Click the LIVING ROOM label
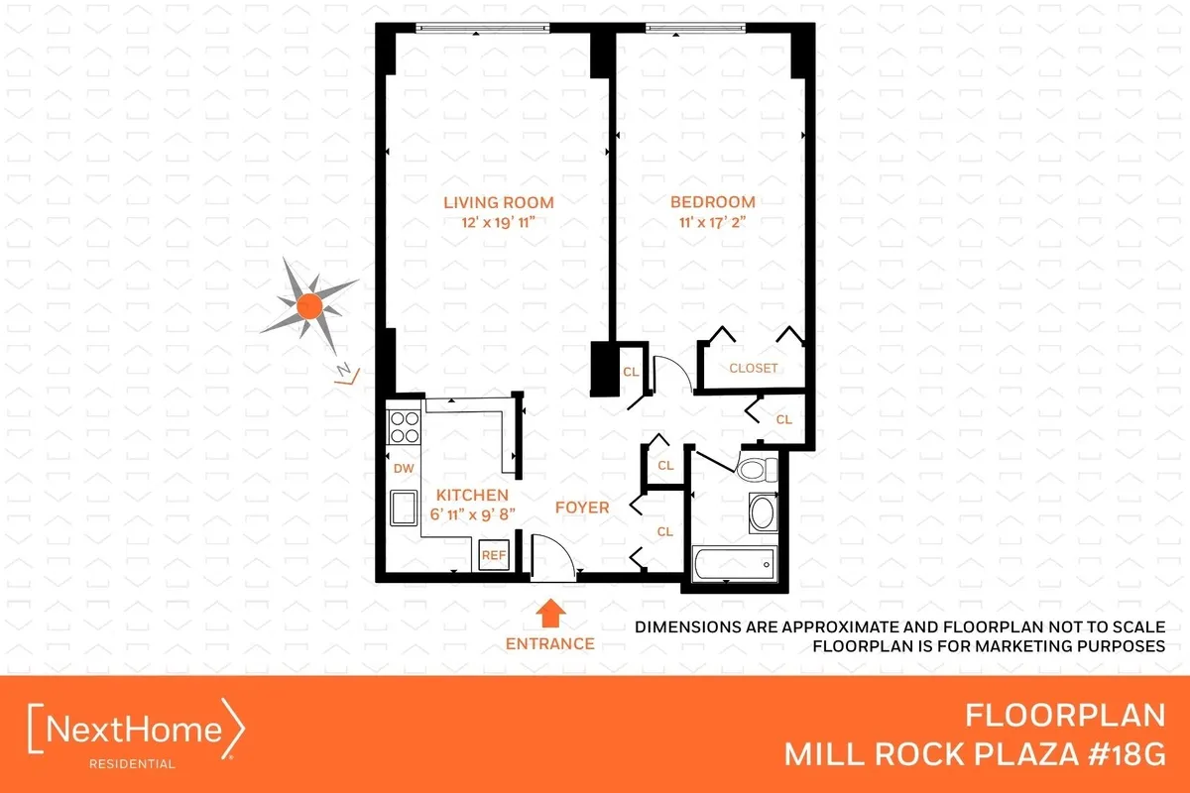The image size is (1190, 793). (498, 202)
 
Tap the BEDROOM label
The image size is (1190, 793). (711, 202)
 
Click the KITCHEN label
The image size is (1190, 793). (472, 495)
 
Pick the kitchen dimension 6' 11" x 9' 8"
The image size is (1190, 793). (472, 514)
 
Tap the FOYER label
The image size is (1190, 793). (581, 507)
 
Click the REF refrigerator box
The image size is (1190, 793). (493, 555)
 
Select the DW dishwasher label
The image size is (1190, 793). (404, 468)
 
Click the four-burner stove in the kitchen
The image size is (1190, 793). (404, 427)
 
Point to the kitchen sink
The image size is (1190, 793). (404, 510)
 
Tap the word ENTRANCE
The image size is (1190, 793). (549, 643)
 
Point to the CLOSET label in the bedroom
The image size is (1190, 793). (754, 368)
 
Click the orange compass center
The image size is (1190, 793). (308, 306)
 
